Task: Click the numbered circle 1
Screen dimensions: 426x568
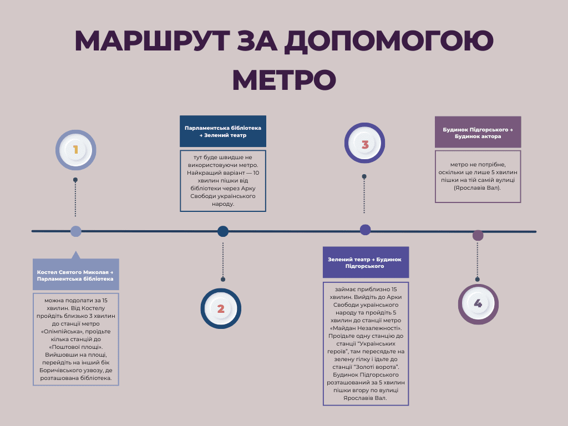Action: click(75, 150)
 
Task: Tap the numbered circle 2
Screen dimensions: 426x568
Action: click(221, 309)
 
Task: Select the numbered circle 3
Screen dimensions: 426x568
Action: click(364, 145)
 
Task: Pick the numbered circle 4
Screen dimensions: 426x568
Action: click(478, 304)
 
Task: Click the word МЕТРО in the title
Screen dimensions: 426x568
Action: click(283, 80)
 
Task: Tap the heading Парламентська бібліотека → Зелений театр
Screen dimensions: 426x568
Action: click(223, 131)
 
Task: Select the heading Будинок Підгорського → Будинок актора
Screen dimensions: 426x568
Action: click(478, 132)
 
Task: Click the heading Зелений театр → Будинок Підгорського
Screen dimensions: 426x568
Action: click(366, 262)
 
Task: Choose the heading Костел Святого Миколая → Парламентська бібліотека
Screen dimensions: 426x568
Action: click(76, 275)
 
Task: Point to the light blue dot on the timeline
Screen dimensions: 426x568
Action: click(76, 231)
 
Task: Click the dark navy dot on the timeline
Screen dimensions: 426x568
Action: click(223, 231)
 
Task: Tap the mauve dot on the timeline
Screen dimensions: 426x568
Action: click(478, 235)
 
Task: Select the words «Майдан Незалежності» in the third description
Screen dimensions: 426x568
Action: click(366, 328)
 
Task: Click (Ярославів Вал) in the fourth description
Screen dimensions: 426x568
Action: click(478, 188)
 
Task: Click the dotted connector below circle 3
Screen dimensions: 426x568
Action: click(364, 195)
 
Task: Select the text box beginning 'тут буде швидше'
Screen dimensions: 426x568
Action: click(223, 180)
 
